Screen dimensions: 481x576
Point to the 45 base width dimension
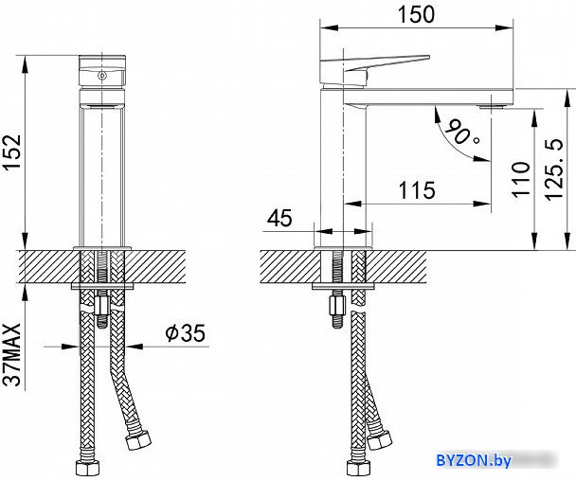pyautogui.click(x=279, y=219)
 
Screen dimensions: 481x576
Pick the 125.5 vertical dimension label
pyautogui.click(x=559, y=167)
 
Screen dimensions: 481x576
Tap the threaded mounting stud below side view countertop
pyautogui.click(x=335, y=308)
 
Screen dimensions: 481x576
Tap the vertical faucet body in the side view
pyautogui.click(x=332, y=161)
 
